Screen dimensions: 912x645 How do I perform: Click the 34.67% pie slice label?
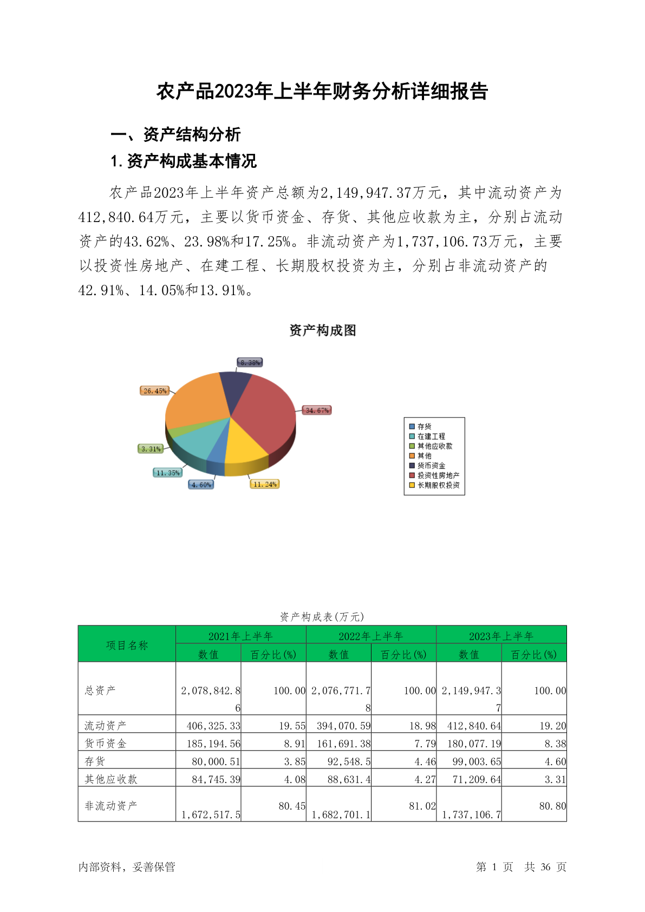coord(317,410)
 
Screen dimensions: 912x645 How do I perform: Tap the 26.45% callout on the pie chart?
coord(155,390)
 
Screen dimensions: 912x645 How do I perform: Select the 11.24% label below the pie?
coord(265,484)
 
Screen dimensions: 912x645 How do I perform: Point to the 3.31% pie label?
coord(151,449)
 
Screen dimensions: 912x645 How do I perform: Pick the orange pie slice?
coord(195,401)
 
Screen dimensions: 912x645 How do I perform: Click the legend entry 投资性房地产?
coord(438,475)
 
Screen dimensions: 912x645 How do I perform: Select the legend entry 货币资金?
coord(431,466)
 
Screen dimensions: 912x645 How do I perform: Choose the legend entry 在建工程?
coord(431,437)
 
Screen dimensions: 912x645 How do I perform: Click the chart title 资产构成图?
coord(322,330)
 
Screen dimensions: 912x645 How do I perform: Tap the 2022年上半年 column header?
coord(371,636)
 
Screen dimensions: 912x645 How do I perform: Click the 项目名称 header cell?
coord(127,645)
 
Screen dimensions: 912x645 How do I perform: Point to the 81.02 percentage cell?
coord(422,806)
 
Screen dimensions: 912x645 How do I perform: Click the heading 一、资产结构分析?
coord(175,134)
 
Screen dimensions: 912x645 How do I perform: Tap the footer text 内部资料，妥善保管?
coord(127,867)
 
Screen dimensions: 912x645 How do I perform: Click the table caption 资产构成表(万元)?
coord(322,616)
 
